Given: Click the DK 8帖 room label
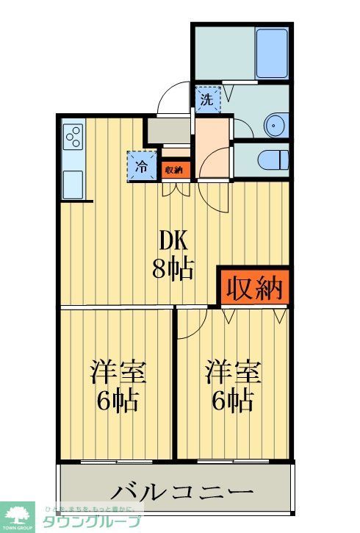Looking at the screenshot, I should coord(173,255).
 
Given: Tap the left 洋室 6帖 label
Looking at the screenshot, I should coord(118,385).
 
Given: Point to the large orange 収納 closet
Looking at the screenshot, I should coord(253,287).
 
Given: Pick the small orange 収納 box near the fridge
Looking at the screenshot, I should coord(174,169).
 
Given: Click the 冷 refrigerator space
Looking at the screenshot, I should coord(142,165).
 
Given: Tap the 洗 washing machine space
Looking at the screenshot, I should coord(207,100).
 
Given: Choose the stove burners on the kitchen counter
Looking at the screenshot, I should coord(74,137).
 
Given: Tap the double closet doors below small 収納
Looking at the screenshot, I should coord(174,187).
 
